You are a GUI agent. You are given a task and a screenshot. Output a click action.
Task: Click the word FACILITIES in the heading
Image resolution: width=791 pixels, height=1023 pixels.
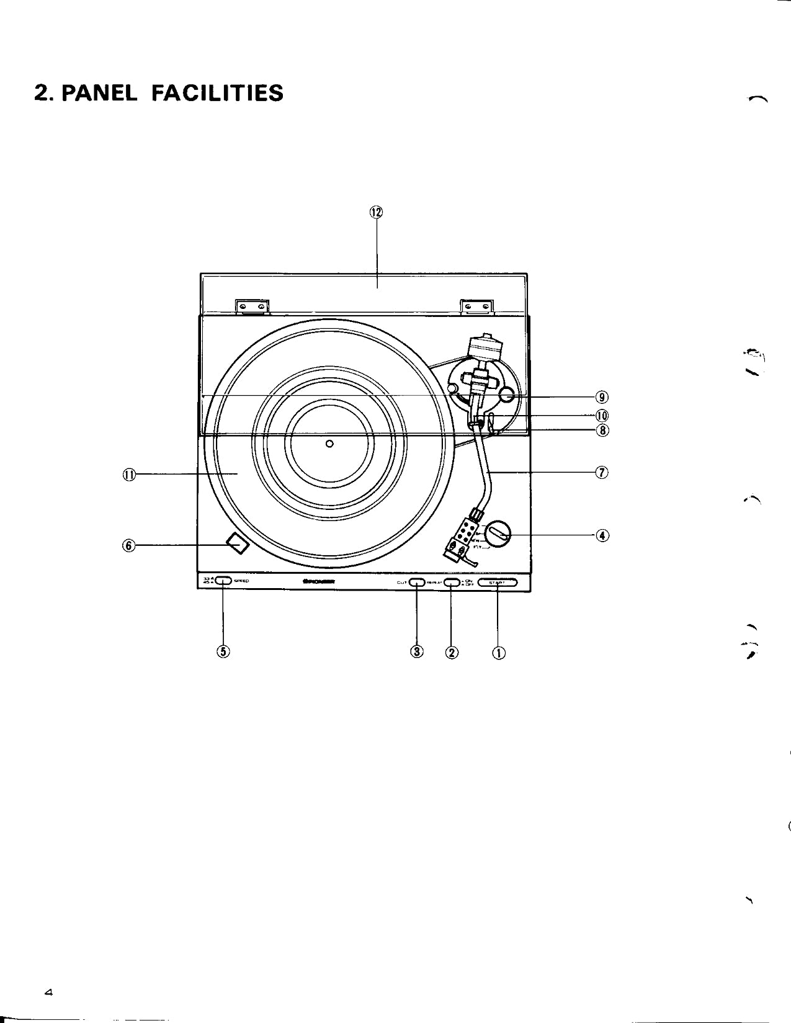[x=217, y=93]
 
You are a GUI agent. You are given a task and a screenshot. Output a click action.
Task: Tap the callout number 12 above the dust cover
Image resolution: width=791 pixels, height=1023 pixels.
[x=377, y=212]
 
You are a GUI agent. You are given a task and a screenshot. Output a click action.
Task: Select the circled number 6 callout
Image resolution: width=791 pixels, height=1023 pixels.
[x=128, y=545]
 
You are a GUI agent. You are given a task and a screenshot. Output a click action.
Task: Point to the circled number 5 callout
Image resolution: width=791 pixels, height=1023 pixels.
[x=223, y=651]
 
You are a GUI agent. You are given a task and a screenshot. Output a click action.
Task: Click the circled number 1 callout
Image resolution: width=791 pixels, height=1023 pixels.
[x=498, y=652]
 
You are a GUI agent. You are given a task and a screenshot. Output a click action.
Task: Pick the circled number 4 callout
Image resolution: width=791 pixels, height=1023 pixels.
[x=602, y=535]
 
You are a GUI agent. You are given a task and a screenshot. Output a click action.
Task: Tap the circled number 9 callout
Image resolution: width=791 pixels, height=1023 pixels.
[x=602, y=397]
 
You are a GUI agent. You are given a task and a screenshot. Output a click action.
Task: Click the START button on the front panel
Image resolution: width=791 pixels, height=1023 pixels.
[x=497, y=582]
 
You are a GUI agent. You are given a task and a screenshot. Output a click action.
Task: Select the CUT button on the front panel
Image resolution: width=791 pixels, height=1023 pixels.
[x=416, y=582]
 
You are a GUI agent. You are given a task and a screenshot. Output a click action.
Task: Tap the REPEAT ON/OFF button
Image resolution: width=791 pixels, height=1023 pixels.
[x=451, y=582]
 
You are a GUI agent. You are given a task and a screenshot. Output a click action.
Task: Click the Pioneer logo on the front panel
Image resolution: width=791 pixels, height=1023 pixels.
[x=318, y=582]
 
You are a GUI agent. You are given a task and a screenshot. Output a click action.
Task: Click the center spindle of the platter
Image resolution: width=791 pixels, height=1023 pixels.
[x=329, y=443]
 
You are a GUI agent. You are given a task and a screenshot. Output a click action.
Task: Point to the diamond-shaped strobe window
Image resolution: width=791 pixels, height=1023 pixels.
[x=237, y=544]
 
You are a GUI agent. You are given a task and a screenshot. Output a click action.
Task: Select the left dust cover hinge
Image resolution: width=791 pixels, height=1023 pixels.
[x=253, y=306]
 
